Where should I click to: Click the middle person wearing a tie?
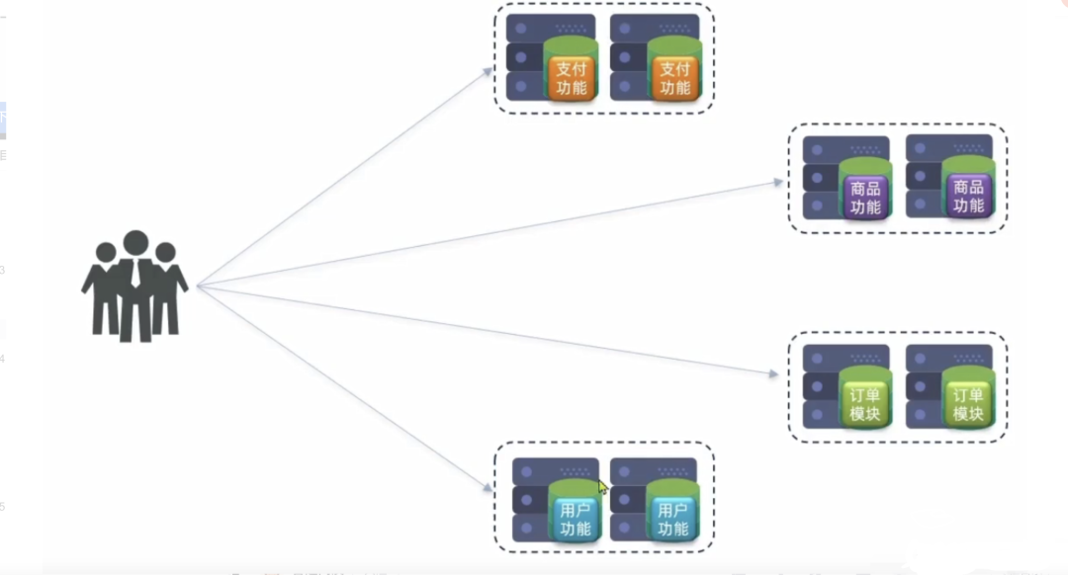click(135, 282)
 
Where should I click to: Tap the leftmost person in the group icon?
click(104, 287)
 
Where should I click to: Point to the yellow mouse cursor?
click(601, 486)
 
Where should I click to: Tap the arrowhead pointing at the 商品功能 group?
click(778, 182)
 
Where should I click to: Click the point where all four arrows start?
click(198, 286)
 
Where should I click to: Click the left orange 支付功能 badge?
click(572, 78)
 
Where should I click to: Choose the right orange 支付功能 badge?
click(674, 78)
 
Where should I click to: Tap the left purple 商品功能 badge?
click(864, 197)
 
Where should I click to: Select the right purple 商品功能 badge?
click(967, 197)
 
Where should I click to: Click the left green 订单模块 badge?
click(864, 404)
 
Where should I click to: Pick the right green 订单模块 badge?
click(967, 404)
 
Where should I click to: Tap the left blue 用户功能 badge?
click(575, 519)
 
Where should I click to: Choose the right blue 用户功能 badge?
click(672, 519)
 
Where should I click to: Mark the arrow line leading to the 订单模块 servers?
click(485, 329)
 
